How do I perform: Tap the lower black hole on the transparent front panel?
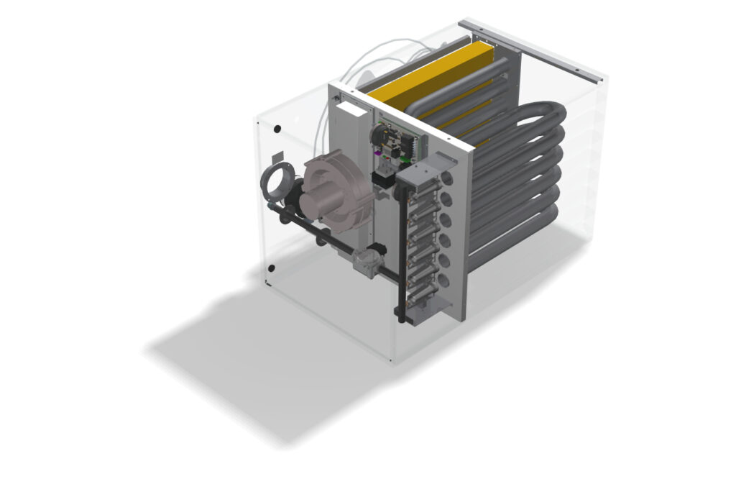[x=271, y=269]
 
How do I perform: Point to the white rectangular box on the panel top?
[x=352, y=109]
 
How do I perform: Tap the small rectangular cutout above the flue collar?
[x=277, y=160]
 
